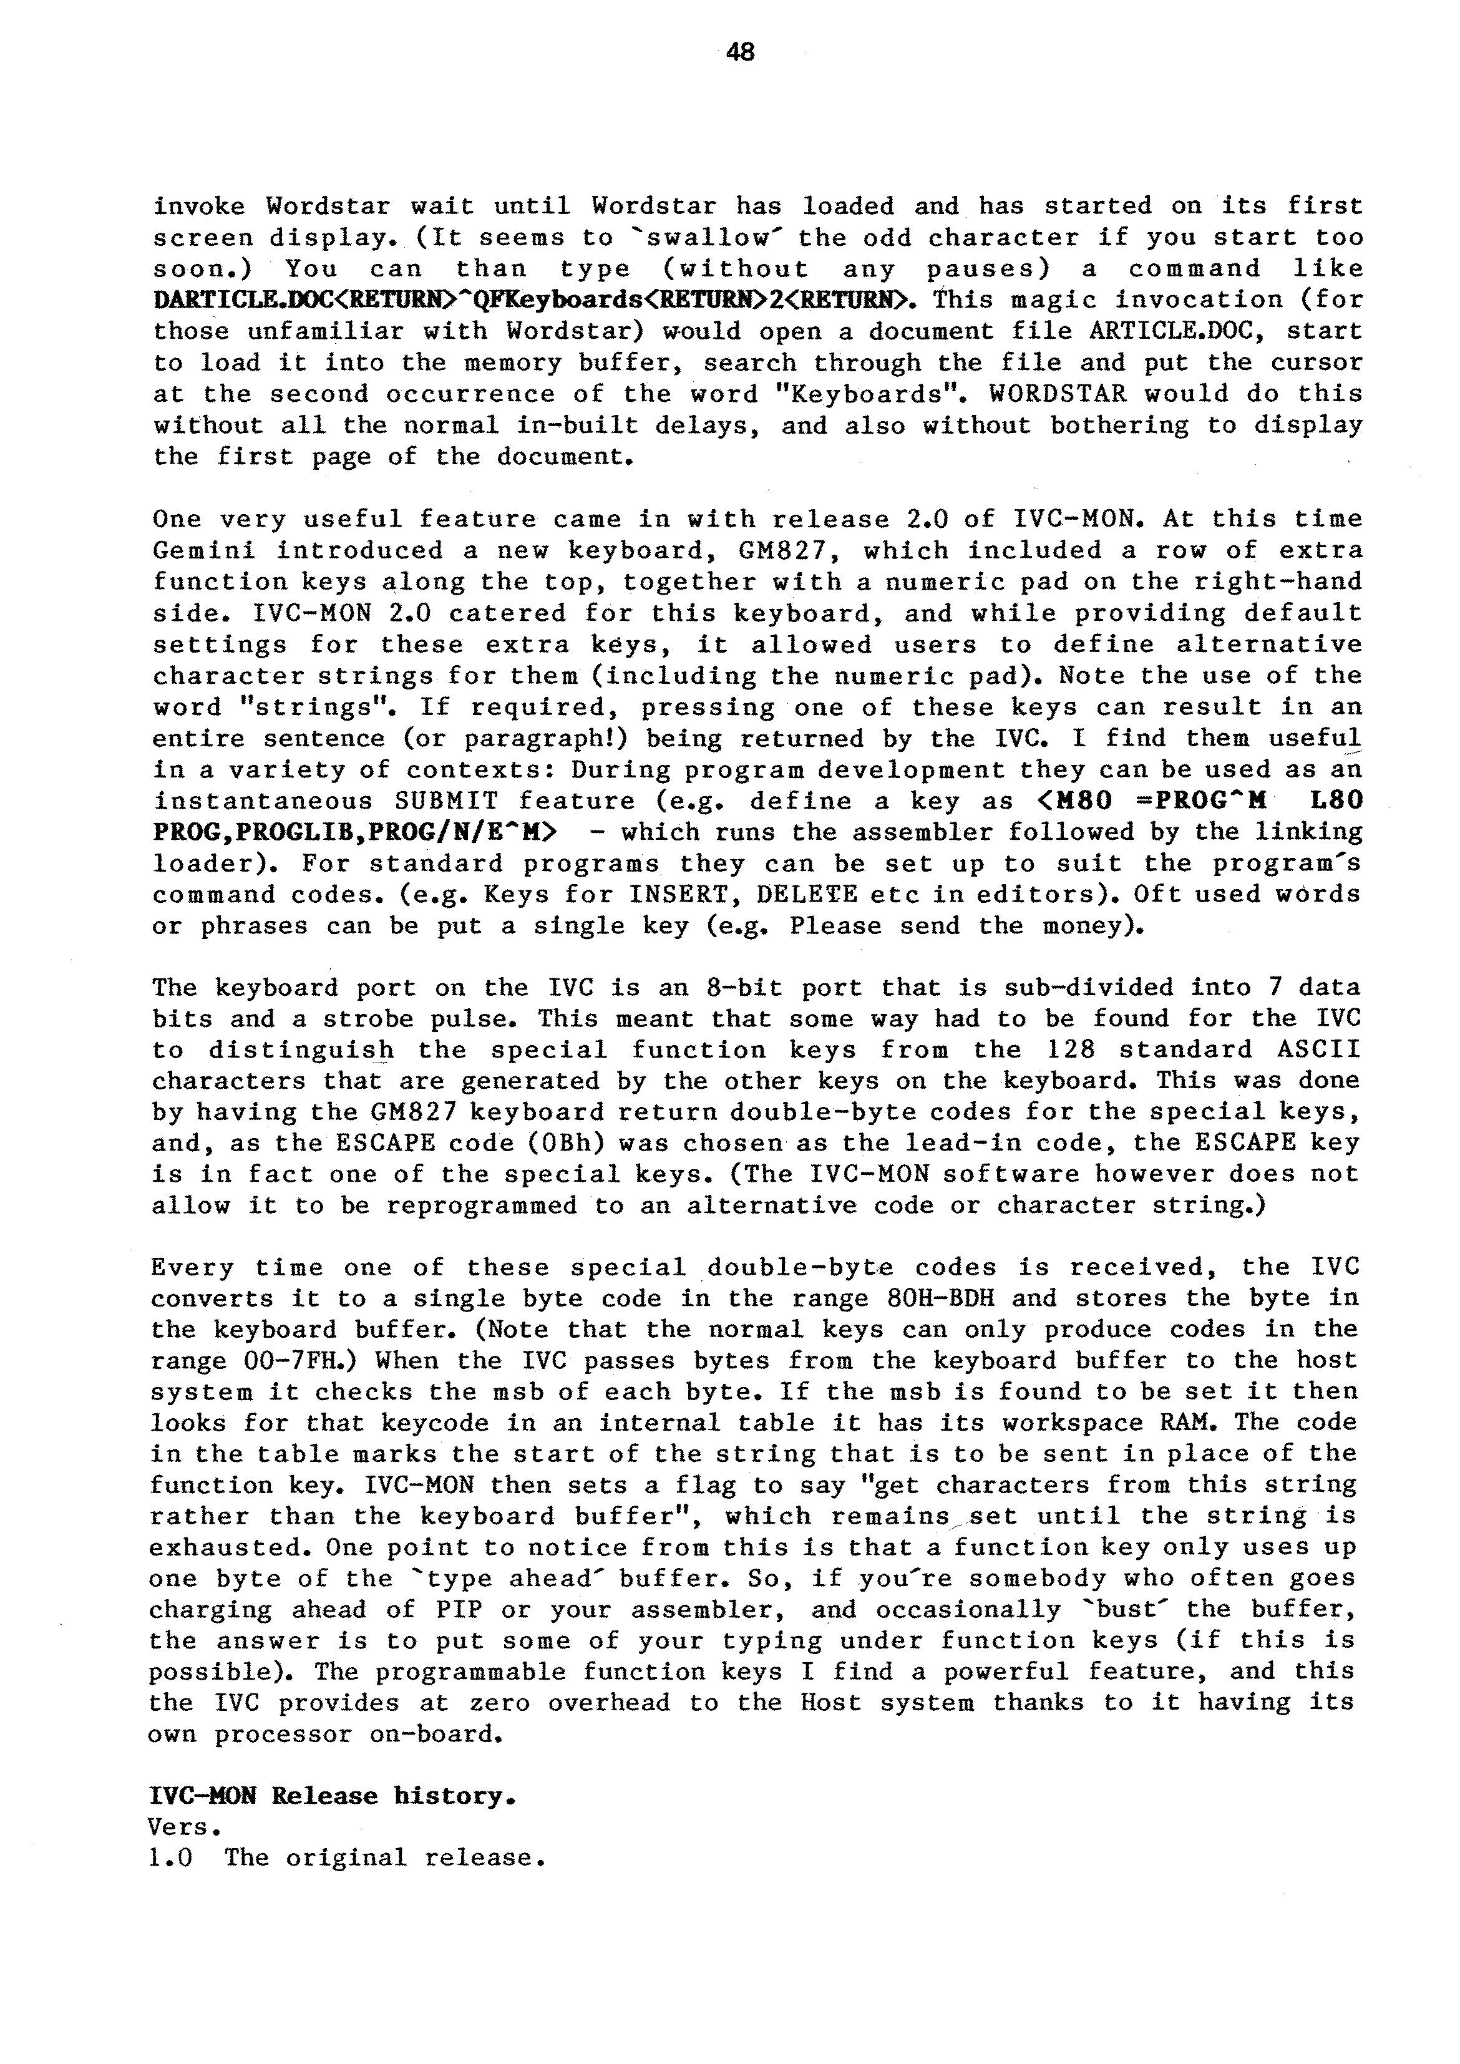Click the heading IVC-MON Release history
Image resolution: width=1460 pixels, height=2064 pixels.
point(332,1797)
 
